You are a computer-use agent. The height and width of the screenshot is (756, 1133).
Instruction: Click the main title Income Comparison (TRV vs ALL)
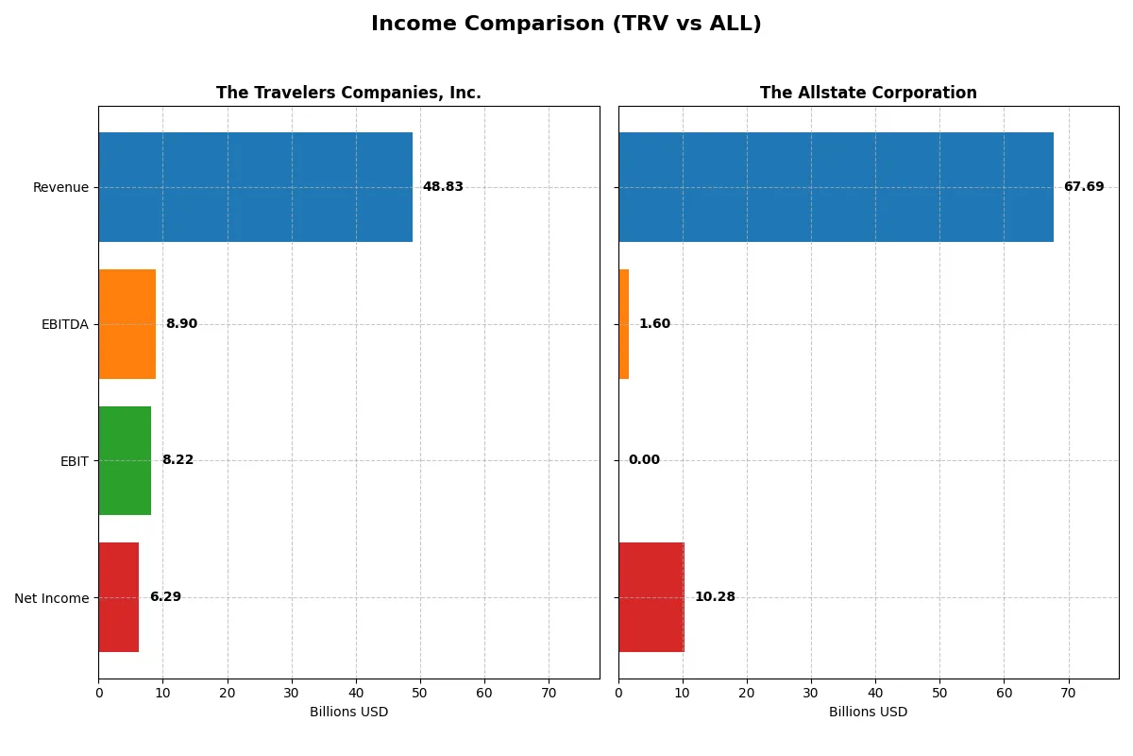566,24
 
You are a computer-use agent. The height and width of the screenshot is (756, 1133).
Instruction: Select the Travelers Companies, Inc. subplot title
348,93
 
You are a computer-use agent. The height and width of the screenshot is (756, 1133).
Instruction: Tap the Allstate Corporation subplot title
868,93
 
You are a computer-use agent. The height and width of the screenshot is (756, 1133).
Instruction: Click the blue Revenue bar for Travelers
255,187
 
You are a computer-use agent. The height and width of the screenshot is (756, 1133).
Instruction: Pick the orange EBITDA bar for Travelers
127,324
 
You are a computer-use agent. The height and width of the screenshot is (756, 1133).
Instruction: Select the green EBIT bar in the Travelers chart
125,460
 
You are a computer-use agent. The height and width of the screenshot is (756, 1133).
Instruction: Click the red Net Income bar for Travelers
119,597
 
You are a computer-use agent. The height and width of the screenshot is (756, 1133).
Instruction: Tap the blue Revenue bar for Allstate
836,187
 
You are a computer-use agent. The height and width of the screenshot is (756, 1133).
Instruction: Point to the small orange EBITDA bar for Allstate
624,324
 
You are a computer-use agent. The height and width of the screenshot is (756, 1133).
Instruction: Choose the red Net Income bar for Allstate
651,597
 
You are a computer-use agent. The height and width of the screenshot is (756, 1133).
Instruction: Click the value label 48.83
443,187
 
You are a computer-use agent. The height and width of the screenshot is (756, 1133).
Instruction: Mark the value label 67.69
1083,187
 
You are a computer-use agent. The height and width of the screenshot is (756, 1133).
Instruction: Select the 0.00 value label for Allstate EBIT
644,460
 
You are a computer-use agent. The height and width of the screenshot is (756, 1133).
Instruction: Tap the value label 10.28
715,597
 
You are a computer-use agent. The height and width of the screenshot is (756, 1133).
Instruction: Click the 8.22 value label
178,460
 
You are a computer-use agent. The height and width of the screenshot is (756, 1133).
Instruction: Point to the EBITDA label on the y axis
64,324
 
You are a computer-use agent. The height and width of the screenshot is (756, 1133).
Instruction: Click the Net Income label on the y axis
52,597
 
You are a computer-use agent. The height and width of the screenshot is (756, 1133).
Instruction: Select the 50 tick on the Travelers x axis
420,693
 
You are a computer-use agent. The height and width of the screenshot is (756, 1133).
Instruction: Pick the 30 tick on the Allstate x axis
811,693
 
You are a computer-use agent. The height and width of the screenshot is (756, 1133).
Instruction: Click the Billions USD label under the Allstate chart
868,712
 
